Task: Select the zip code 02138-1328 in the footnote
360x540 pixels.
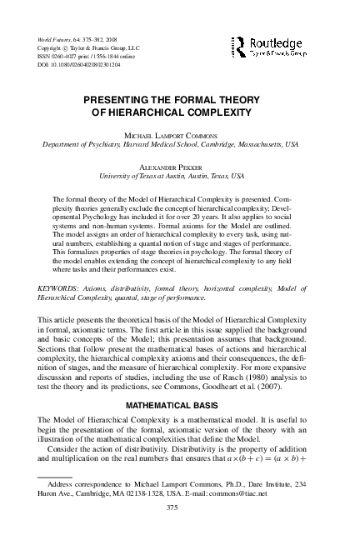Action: pyautogui.click(x=144, y=492)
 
